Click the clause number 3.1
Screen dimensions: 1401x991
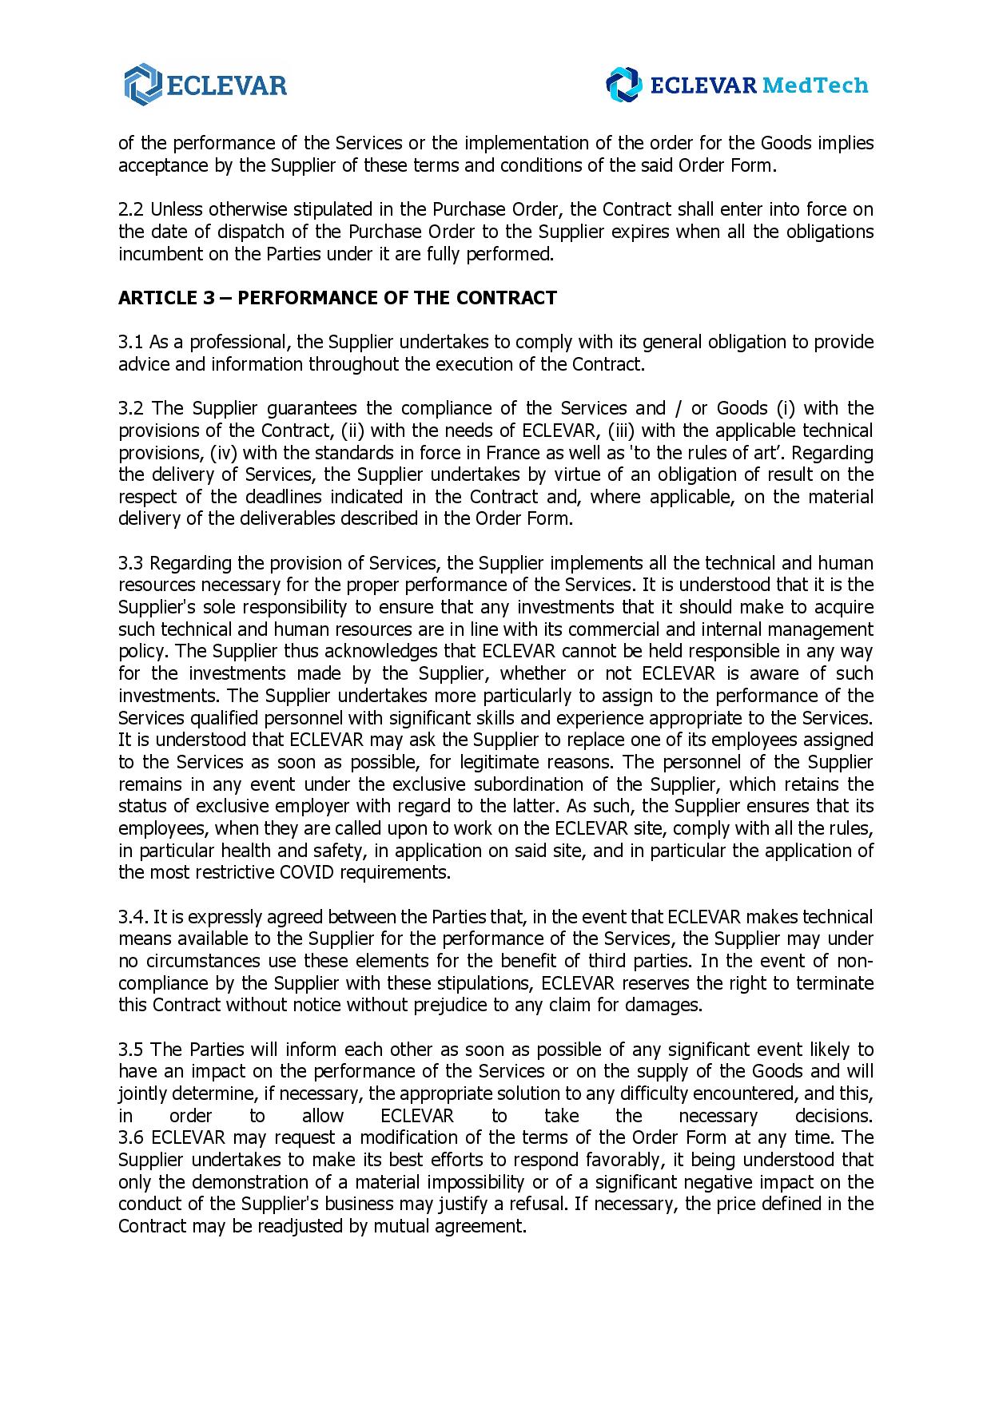(131, 342)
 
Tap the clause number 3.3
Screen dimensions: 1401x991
(131, 563)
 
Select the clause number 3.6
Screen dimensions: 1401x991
(131, 1137)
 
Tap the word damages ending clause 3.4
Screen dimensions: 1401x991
(670, 1005)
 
